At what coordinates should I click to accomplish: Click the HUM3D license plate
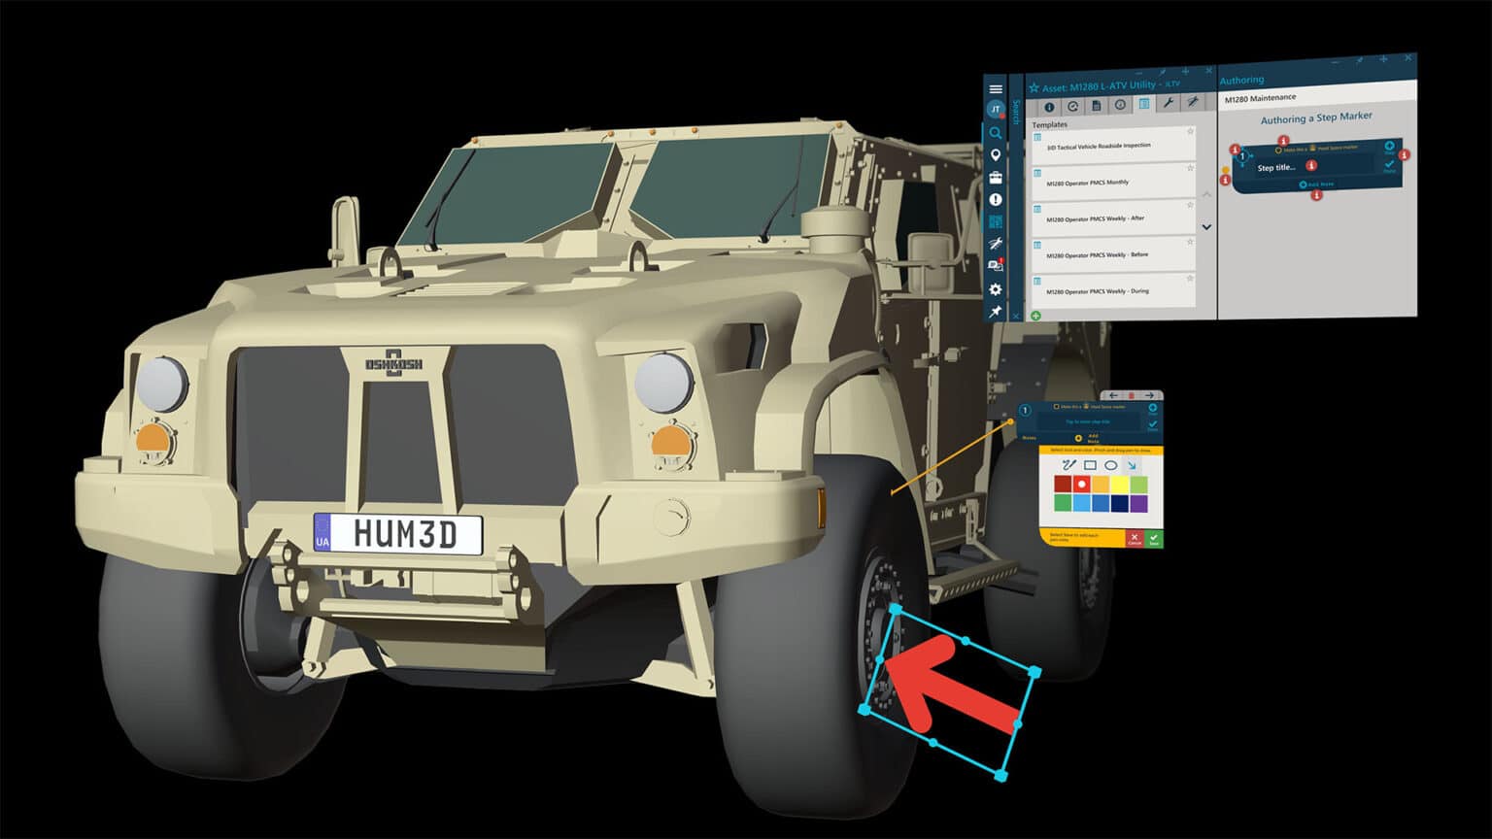pyautogui.click(x=398, y=534)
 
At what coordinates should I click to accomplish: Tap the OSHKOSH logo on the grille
pyautogui.click(x=393, y=361)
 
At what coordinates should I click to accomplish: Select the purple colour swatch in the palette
pyautogui.click(x=1138, y=503)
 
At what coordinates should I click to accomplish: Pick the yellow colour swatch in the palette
pyautogui.click(x=1120, y=484)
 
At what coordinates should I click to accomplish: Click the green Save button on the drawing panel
pyautogui.click(x=1153, y=538)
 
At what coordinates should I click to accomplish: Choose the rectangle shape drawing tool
pyautogui.click(x=1090, y=465)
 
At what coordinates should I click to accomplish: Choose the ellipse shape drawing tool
pyautogui.click(x=1110, y=465)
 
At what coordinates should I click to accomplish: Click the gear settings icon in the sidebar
pyautogui.click(x=996, y=289)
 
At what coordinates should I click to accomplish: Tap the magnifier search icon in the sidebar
pyautogui.click(x=996, y=133)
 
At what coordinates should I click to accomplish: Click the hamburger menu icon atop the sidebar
pyautogui.click(x=996, y=89)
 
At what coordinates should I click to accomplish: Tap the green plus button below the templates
pyautogui.click(x=1035, y=316)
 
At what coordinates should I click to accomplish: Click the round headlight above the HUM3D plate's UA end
pyautogui.click(x=161, y=384)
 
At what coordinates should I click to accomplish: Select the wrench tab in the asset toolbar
pyautogui.click(x=1168, y=104)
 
